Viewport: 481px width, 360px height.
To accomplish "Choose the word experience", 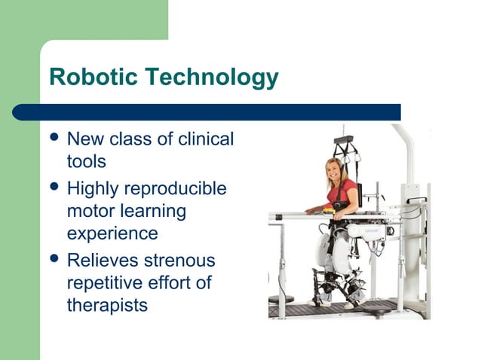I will tap(112, 235).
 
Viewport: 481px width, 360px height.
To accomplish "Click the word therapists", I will tap(107, 307).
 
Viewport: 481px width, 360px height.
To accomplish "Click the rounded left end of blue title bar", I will tap(20, 112).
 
